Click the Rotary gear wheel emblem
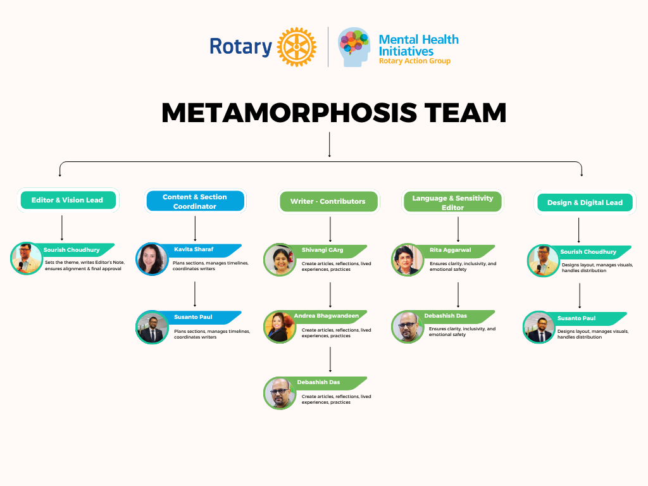(296, 47)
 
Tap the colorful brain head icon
(354, 47)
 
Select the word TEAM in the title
(465, 113)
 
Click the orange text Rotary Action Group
(414, 61)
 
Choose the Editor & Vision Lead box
(68, 200)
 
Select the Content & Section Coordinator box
(195, 201)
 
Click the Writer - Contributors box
(328, 201)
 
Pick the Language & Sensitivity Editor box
(452, 202)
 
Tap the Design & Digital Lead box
(585, 202)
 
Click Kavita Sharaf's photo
(152, 259)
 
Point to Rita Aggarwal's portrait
(408, 259)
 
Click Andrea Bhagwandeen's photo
(280, 327)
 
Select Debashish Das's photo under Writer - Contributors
(280, 393)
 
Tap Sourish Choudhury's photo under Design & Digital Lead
(544, 261)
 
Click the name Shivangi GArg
(322, 250)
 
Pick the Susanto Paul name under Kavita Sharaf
(193, 317)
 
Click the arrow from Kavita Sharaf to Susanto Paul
(195, 294)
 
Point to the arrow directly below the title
(329, 145)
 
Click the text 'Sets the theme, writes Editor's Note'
(85, 263)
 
